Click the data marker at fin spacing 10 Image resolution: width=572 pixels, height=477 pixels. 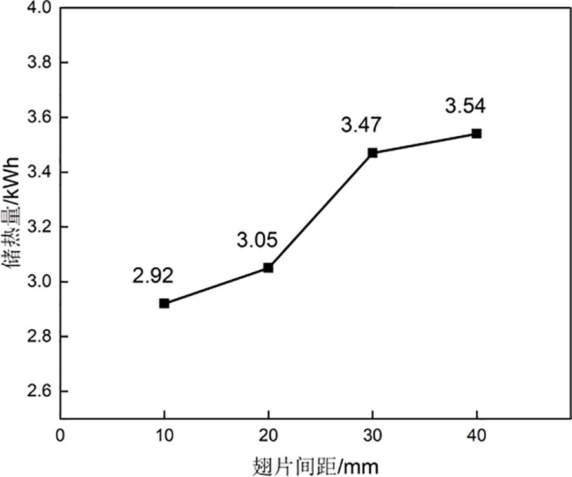[164, 303]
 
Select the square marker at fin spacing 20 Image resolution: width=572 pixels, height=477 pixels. [268, 268]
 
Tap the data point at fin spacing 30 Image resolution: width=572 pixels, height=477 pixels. [373, 153]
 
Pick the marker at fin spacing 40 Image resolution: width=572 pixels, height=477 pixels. [476, 134]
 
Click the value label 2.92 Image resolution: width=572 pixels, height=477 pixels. [153, 276]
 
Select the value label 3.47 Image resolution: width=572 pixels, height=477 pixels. [361, 125]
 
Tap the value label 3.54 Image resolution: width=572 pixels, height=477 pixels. [465, 105]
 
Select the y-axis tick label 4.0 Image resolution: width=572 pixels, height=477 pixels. [39, 8]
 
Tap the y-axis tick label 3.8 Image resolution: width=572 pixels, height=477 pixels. [39, 63]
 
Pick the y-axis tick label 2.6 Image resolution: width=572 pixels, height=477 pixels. [39, 392]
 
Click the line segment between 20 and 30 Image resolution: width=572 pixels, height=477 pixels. [320, 210]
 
